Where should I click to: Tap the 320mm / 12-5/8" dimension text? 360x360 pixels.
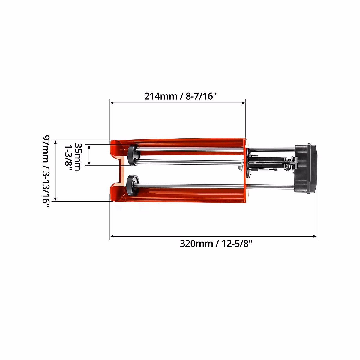216,244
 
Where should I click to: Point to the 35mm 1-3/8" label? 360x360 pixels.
73,157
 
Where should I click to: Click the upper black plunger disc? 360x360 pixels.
133,155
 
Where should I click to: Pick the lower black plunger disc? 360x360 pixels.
133,185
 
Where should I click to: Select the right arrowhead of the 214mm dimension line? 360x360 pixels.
244,103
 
